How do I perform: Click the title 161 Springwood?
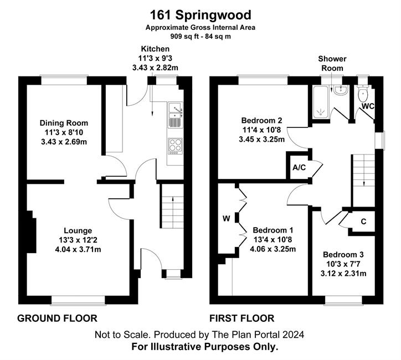tap(200, 15)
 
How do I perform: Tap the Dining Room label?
tap(64, 123)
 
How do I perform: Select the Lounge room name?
tap(78, 230)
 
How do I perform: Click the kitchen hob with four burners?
tap(176, 146)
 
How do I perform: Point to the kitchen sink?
tap(175, 115)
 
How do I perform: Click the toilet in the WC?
tap(363, 94)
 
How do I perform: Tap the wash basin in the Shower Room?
tap(340, 91)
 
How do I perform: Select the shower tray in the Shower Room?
tap(320, 102)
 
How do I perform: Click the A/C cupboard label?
tap(299, 167)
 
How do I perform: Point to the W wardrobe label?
tap(227, 219)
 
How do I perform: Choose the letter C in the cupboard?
tap(363, 222)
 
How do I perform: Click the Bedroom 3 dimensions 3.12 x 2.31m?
tap(343, 274)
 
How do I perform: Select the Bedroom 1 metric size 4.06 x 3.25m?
tap(273, 249)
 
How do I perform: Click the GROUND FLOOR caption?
tap(57, 318)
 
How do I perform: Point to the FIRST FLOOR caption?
tap(242, 318)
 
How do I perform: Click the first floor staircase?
tap(364, 170)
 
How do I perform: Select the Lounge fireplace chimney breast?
tap(31, 232)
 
